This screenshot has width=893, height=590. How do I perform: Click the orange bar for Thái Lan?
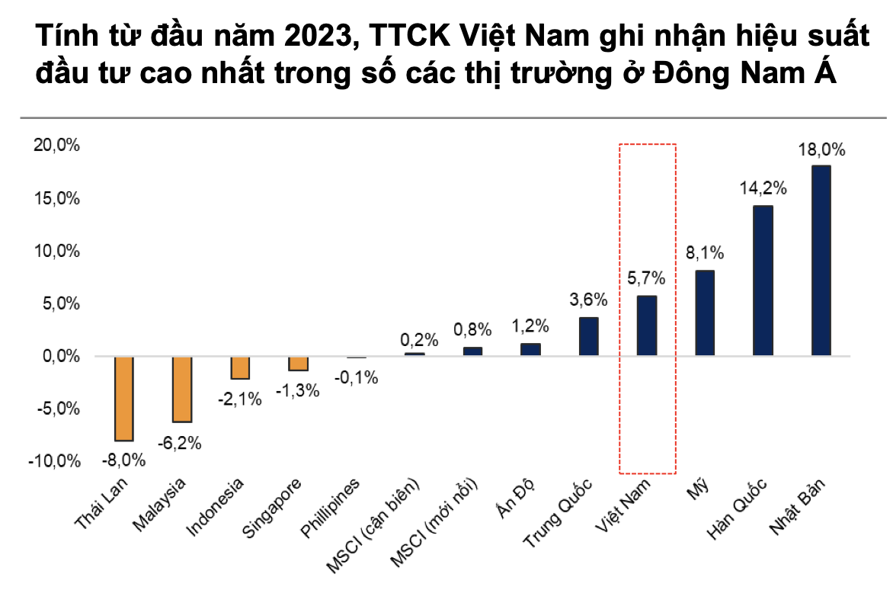(x=124, y=399)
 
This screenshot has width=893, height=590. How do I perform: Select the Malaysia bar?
(x=182, y=389)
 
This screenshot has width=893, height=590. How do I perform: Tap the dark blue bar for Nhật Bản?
(x=821, y=261)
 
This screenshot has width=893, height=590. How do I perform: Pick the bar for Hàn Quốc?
(x=763, y=281)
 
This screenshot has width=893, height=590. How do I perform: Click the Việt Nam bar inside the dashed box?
(x=647, y=325)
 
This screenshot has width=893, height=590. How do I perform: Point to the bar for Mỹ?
(x=705, y=313)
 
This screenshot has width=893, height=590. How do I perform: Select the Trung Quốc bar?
(x=588, y=336)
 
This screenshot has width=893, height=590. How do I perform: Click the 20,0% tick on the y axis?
(x=57, y=146)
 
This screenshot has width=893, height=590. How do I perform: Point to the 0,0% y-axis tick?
(x=59, y=356)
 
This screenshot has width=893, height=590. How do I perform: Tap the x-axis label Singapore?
(x=273, y=508)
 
